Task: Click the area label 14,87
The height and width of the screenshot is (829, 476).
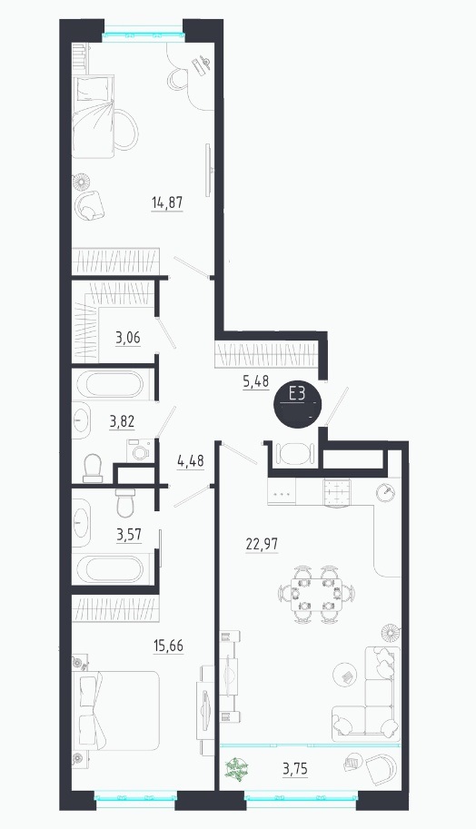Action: tap(167, 202)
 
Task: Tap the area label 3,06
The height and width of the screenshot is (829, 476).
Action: tap(128, 337)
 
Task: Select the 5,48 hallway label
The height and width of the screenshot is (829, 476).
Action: tap(256, 380)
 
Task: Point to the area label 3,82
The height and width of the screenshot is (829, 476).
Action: tap(122, 422)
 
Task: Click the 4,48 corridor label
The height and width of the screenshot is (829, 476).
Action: tap(191, 461)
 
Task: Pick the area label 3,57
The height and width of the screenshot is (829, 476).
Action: tap(129, 535)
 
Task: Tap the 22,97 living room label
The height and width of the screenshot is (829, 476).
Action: tap(262, 544)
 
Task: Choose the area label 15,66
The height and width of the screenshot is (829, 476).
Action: tap(169, 646)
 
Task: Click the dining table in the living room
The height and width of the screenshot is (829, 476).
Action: tap(316, 592)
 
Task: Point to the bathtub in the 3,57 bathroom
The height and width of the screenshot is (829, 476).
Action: tap(110, 569)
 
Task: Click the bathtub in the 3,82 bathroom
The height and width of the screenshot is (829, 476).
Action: tap(111, 384)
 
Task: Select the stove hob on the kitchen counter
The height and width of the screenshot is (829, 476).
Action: tap(337, 493)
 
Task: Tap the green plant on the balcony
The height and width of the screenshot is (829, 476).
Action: tap(236, 769)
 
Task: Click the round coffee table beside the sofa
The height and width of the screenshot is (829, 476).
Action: tap(345, 676)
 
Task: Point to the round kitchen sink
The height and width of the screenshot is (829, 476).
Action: tap(385, 492)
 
